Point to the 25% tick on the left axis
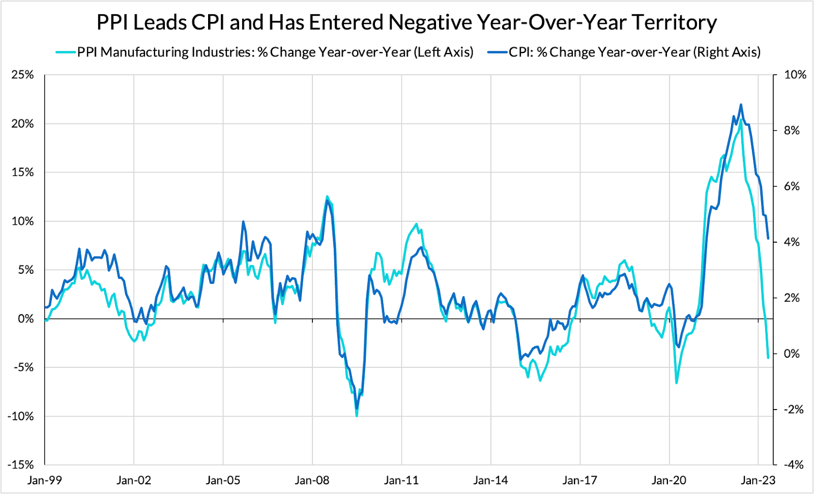pyautogui.click(x=22, y=75)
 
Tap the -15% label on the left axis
pyautogui.click(x=21, y=464)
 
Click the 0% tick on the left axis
pyautogui.click(x=25, y=319)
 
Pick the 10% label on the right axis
pyautogui.click(x=795, y=75)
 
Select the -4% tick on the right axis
pyautogui.click(x=793, y=464)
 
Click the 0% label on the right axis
pyautogui.click(x=792, y=354)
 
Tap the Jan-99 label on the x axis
pyautogui.click(x=45, y=480)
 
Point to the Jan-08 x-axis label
pyautogui.click(x=312, y=480)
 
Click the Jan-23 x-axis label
pyautogui.click(x=758, y=480)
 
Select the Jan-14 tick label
pyautogui.click(x=490, y=480)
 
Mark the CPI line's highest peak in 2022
pyautogui.click(x=741, y=104)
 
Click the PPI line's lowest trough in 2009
pyautogui.click(x=357, y=416)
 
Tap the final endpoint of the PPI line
pyautogui.click(x=768, y=358)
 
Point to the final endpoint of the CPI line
pyautogui.click(x=768, y=238)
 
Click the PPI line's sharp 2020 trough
pyautogui.click(x=677, y=383)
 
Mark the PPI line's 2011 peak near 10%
pyautogui.click(x=417, y=224)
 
